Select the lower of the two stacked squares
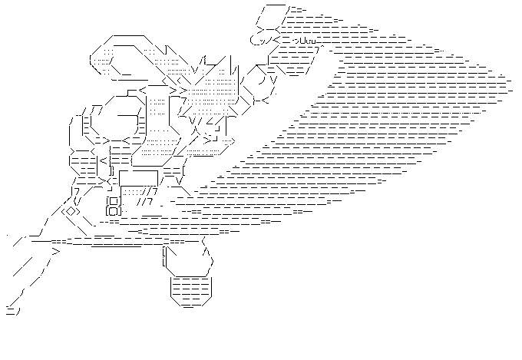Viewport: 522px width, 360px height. tap(114, 210)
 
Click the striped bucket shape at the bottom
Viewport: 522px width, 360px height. tap(189, 291)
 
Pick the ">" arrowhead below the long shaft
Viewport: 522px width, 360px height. tap(55, 250)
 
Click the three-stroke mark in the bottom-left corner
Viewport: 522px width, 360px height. tap(12, 311)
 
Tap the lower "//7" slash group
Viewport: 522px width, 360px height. tap(146, 202)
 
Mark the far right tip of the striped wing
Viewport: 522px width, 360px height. tap(510, 78)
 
